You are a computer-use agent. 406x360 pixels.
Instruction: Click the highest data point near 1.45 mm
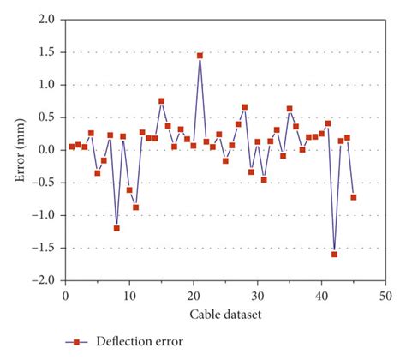pyautogui.click(x=200, y=56)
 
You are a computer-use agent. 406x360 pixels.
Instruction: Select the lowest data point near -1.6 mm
pyautogui.click(x=334, y=255)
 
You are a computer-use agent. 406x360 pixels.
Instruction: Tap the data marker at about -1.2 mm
pyautogui.click(x=116, y=228)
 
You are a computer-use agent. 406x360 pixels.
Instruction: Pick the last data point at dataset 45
pyautogui.click(x=353, y=197)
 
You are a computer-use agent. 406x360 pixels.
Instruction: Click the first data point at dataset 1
pyautogui.click(x=72, y=147)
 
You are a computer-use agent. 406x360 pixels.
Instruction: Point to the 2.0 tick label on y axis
pyautogui.click(x=48, y=19)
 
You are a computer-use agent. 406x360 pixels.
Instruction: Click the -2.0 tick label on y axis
pyautogui.click(x=46, y=280)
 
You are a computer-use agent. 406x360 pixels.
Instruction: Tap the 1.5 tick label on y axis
pyautogui.click(x=48, y=51)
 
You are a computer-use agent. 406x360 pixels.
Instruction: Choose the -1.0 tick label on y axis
pyautogui.click(x=46, y=215)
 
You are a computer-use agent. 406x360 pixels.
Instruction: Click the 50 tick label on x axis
pyautogui.click(x=385, y=295)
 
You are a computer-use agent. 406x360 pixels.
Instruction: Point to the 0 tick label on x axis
pyautogui.click(x=65, y=295)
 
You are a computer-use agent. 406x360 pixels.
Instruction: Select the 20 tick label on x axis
pyautogui.click(x=194, y=295)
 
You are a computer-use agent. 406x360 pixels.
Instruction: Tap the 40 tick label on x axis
pyautogui.click(x=321, y=295)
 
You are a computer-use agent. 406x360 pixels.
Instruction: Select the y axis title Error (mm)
pyautogui.click(x=19, y=149)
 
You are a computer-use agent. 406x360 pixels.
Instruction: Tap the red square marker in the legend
pyautogui.click(x=75, y=342)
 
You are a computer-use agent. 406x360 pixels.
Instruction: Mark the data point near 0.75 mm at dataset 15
pyautogui.click(x=161, y=101)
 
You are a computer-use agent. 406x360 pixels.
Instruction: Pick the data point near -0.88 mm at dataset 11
pyautogui.click(x=135, y=207)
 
